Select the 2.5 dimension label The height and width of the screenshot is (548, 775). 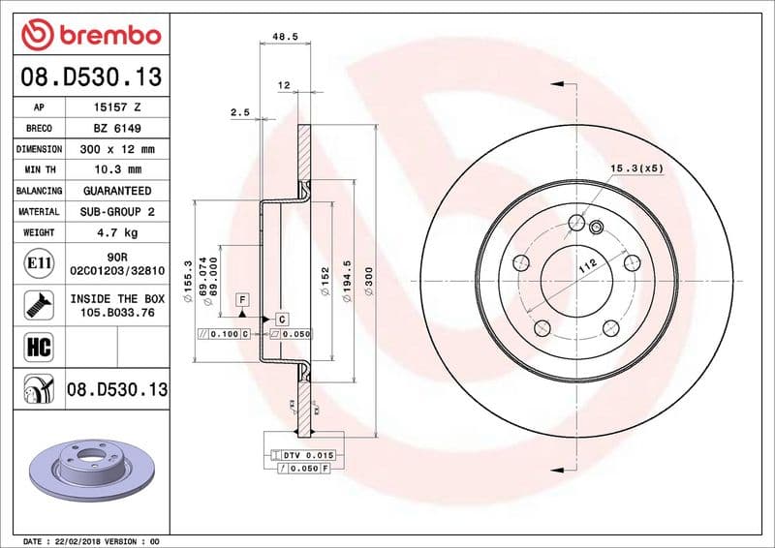(x=239, y=112)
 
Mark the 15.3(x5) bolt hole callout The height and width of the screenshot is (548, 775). (x=635, y=169)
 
